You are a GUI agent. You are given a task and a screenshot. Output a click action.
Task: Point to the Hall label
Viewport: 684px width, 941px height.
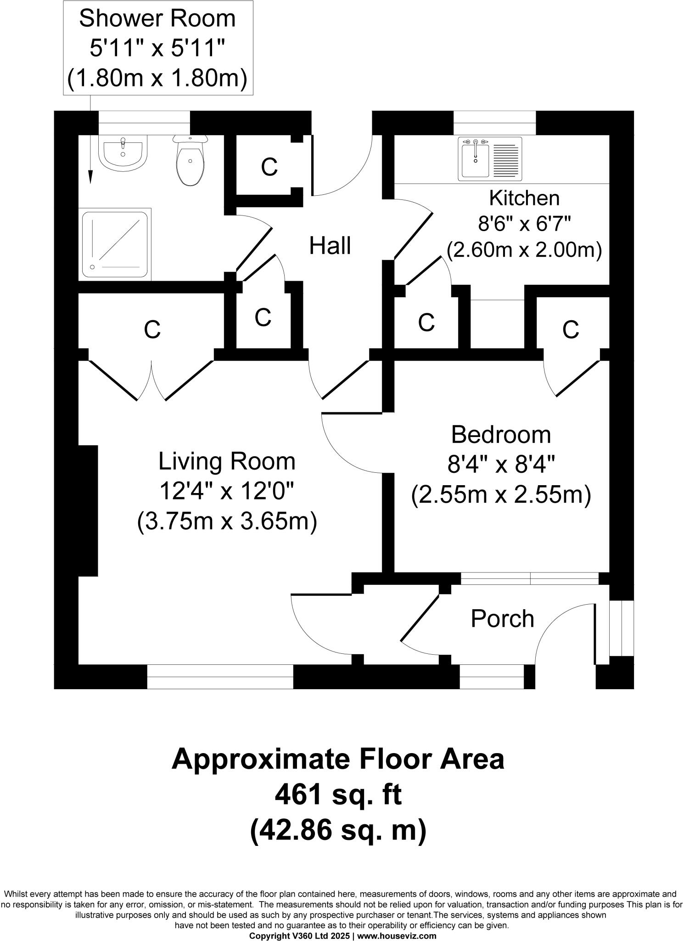[330, 246]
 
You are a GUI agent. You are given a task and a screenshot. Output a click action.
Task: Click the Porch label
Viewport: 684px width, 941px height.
[502, 619]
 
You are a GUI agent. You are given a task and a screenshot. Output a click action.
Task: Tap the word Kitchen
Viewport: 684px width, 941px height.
[524, 198]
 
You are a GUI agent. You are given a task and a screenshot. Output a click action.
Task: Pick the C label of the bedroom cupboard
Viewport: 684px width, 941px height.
[571, 329]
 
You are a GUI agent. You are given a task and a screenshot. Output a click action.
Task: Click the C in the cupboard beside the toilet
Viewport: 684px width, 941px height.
[269, 167]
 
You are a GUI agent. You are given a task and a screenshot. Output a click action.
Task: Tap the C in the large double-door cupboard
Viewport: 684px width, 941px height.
[152, 329]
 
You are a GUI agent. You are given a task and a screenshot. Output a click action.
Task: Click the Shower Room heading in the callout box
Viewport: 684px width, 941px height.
[157, 18]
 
